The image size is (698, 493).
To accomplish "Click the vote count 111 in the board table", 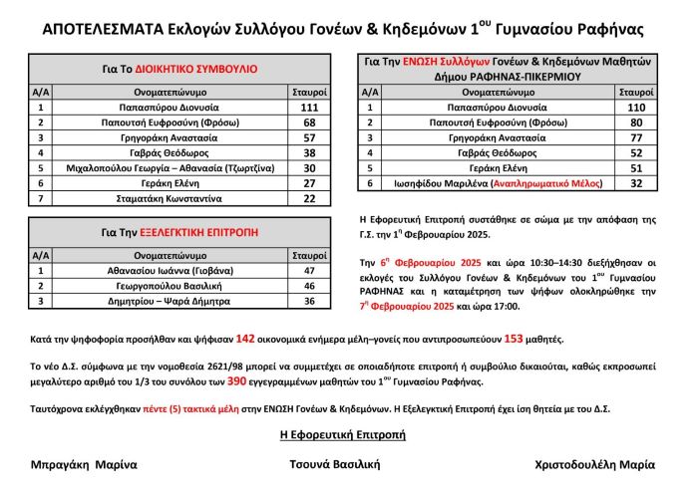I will tap(308, 107).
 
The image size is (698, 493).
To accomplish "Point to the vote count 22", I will tap(308, 199).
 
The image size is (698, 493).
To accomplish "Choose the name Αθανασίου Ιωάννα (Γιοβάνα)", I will tap(164, 269).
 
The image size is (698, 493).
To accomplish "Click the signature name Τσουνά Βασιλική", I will tap(335, 464).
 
